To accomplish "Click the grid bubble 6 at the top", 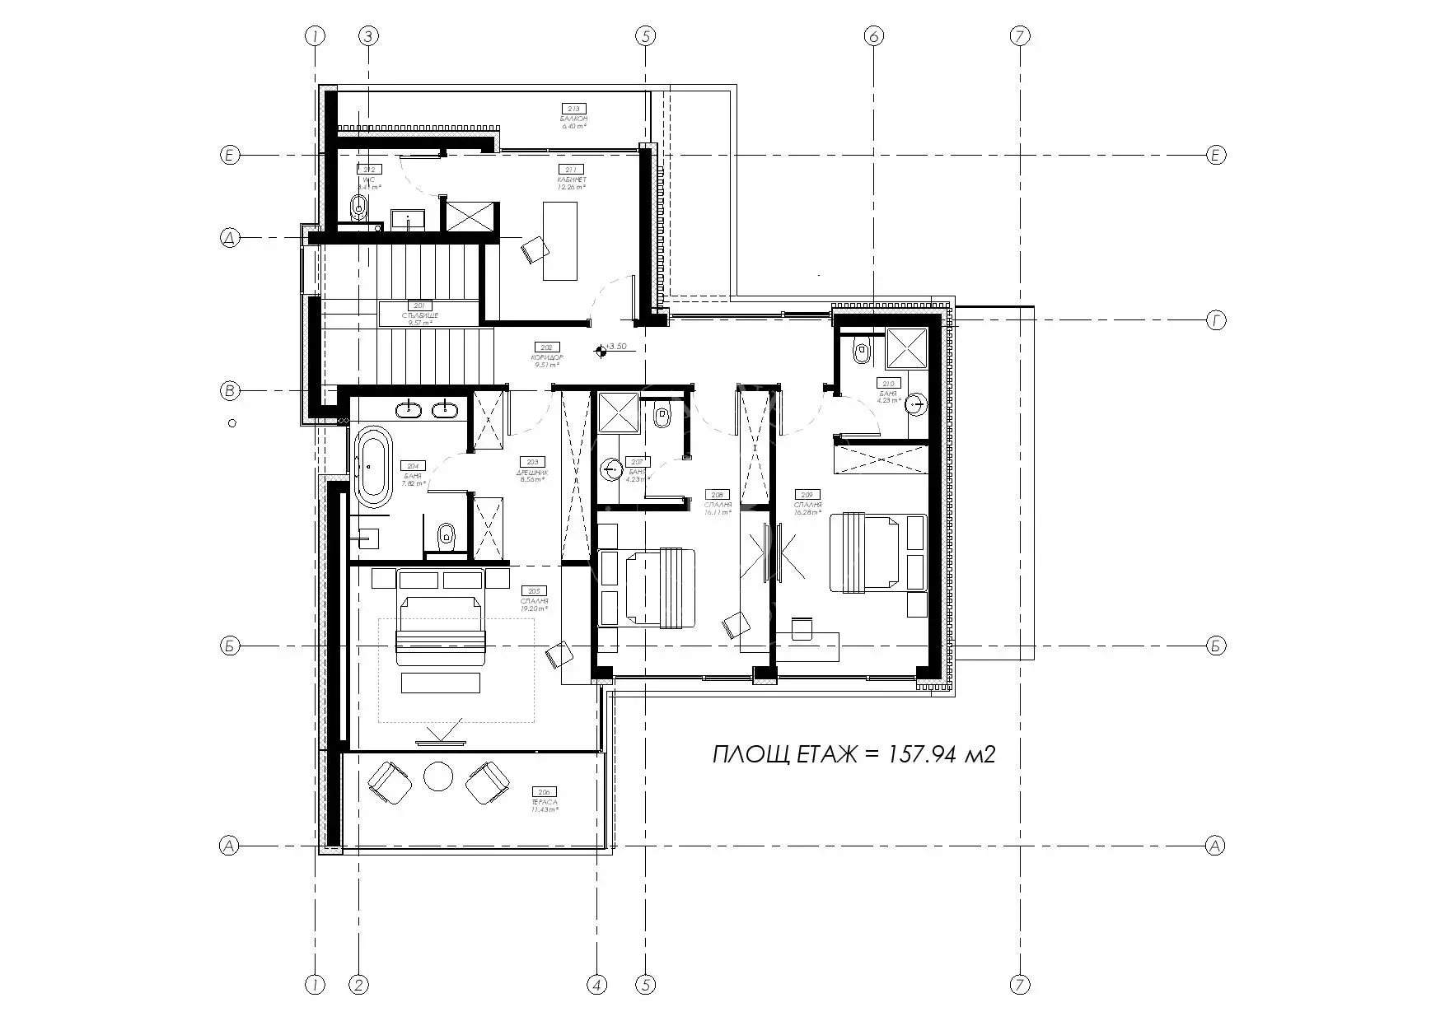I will [874, 35].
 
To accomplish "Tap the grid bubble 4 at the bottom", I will [597, 984].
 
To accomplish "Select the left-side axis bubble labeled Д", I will [230, 239].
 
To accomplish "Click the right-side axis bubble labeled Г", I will [1216, 321].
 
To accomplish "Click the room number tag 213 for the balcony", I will [574, 109].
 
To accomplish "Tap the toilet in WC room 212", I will [358, 207].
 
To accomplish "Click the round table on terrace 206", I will [437, 776].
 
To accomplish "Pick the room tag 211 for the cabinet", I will [572, 169].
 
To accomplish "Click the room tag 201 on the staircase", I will [420, 305].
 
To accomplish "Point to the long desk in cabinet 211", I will [560, 240].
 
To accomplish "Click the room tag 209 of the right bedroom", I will [804, 495].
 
